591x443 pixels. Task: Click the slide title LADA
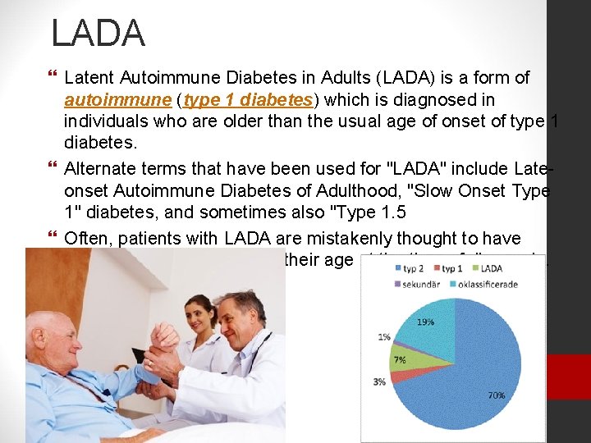click(x=98, y=34)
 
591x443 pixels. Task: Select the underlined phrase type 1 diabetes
click(x=249, y=100)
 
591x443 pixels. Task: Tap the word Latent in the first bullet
click(x=89, y=78)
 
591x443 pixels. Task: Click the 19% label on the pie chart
click(x=425, y=322)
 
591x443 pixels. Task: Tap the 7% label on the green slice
click(x=400, y=360)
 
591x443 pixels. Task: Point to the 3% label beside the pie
click(x=379, y=381)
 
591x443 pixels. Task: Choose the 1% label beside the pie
click(x=385, y=337)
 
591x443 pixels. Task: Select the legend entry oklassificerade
click(x=514, y=283)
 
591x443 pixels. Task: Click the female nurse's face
click(x=199, y=313)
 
